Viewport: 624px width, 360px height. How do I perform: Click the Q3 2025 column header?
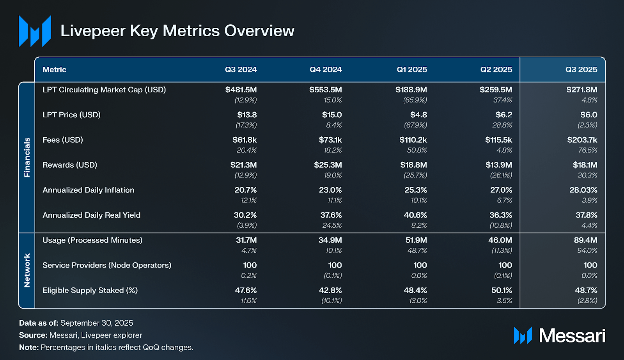581,69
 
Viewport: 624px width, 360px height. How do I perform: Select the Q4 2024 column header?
326,69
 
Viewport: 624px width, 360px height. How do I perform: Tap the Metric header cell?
54,69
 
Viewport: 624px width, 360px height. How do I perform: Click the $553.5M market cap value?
325,90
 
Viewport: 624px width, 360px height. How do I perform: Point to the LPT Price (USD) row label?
71,115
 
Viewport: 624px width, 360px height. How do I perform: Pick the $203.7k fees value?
582,140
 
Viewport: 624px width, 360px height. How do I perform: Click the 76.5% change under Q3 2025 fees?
587,150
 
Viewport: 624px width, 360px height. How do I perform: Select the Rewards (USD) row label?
70,165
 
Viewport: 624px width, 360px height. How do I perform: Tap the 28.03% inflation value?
583,190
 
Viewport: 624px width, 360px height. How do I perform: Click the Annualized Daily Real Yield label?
91,215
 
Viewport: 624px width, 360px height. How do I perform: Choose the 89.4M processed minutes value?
585,240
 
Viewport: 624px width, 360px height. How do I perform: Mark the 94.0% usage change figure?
587,250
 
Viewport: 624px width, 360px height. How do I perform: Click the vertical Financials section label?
27,157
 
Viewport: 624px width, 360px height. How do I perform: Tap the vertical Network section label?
27,270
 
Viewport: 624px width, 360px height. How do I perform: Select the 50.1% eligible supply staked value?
502,290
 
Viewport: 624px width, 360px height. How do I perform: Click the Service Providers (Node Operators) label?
107,265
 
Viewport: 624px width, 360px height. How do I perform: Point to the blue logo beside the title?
35,31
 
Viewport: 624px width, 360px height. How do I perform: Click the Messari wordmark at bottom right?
572,335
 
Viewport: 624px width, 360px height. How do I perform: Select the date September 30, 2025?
97,323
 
